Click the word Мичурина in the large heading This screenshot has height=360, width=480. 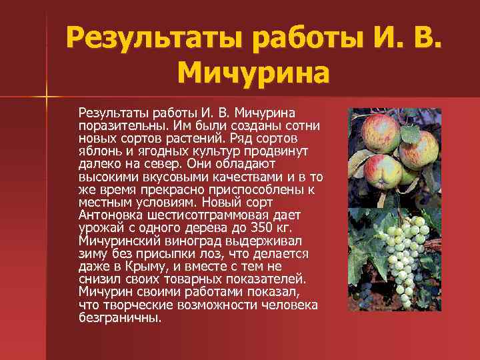(253, 71)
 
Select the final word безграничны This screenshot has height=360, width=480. (120, 317)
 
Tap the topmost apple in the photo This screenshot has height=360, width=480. (381, 127)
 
